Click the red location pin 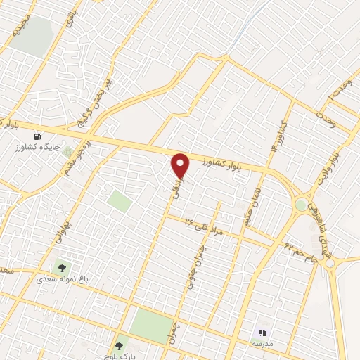click(x=181, y=165)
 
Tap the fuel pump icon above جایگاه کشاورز click(x=37, y=136)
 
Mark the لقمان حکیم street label click(x=255, y=205)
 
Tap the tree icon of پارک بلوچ click(x=118, y=346)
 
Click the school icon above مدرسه click(x=262, y=333)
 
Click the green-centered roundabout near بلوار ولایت click(x=302, y=205)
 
